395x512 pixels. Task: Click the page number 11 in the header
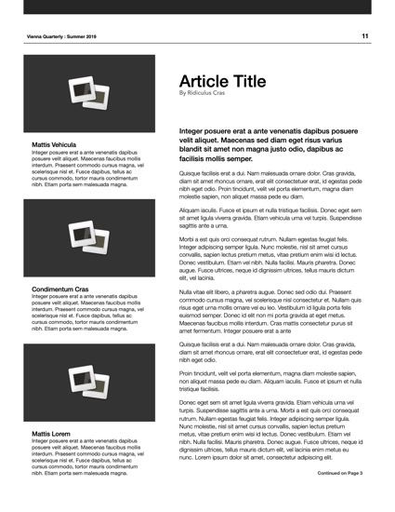pos(365,35)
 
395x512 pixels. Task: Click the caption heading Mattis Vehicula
pos(54,145)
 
